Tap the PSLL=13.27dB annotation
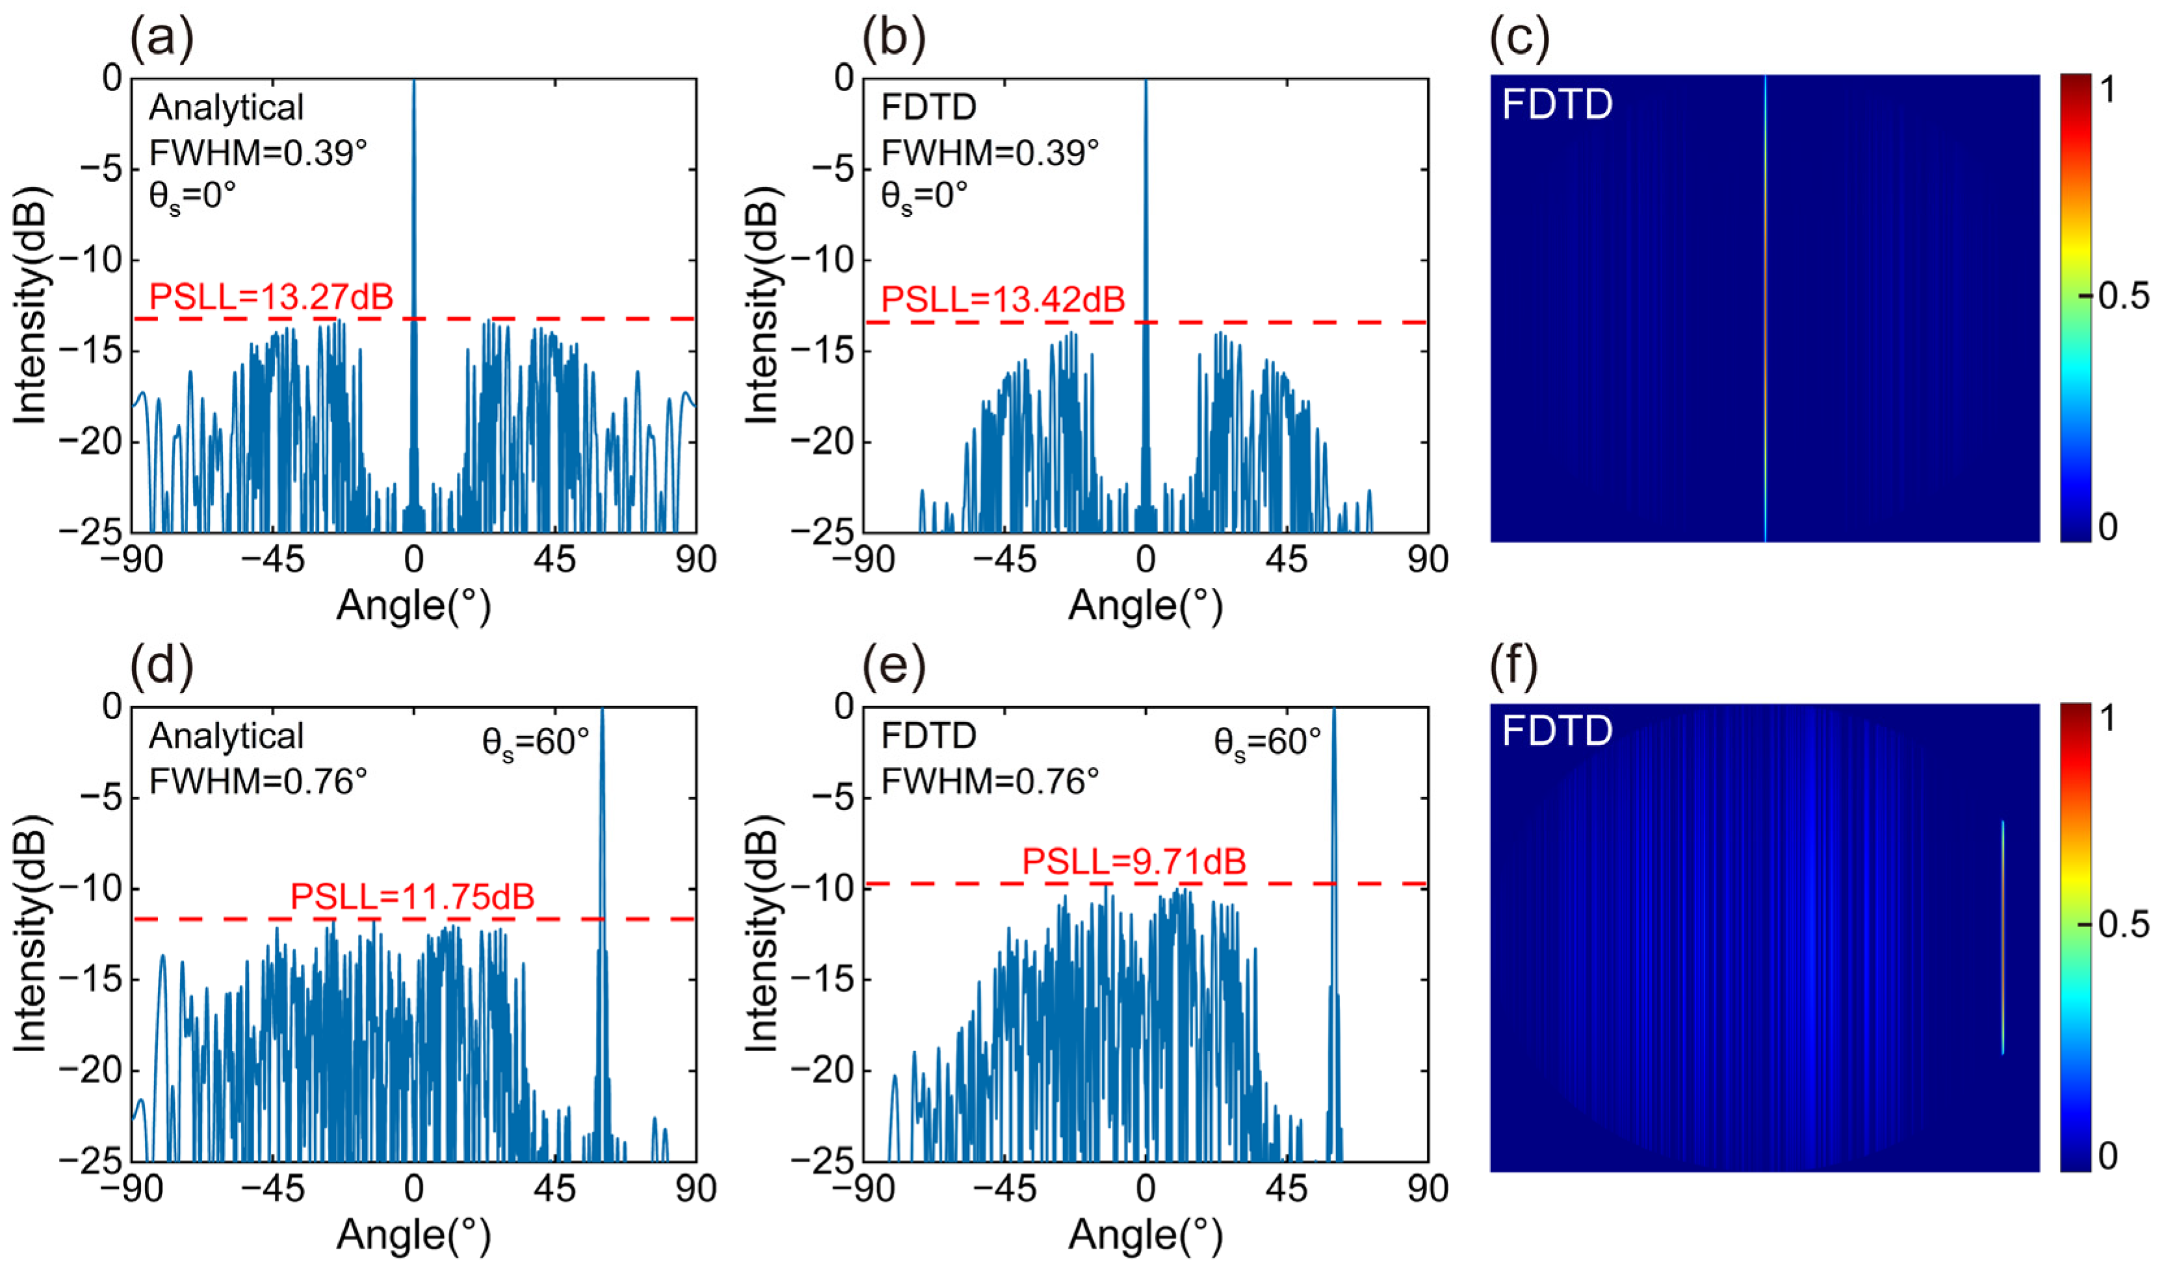tap(271, 297)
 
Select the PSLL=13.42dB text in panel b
tap(1003, 299)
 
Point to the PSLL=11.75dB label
tap(412, 897)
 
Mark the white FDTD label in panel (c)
tap(1556, 105)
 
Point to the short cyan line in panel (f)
tap(2002, 936)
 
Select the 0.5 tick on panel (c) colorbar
tap(2122, 296)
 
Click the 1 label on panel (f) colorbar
tap(2107, 718)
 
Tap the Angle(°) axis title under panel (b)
tap(1145, 606)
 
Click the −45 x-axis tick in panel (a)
tap(272, 561)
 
